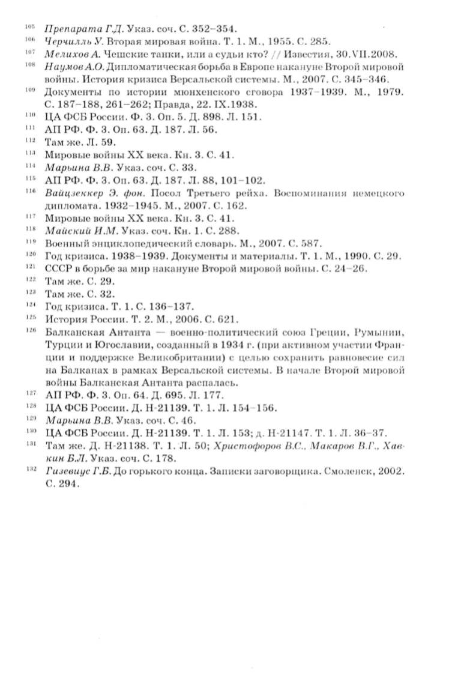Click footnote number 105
[x=30, y=26]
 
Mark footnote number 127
[x=30, y=394]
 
